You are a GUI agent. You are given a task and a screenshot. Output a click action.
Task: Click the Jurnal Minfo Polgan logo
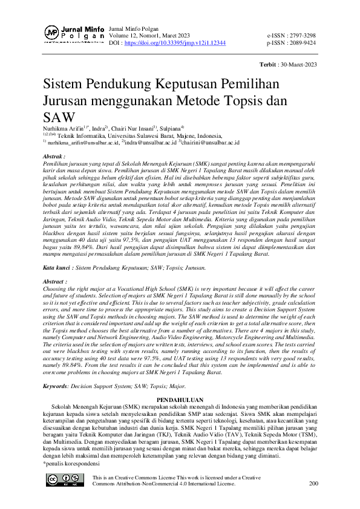pos(73,35)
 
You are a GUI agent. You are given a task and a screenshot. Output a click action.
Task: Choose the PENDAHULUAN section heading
pos(180,383)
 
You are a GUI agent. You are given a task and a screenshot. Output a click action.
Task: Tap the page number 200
pos(313,483)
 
